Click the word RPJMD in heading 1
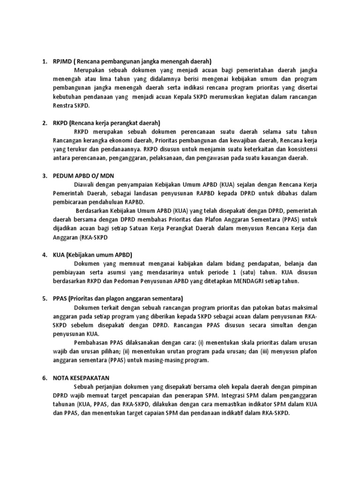point(63,61)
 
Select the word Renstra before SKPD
point(65,106)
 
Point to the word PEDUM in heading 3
point(64,175)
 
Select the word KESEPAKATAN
point(94,377)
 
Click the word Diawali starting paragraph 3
point(85,184)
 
